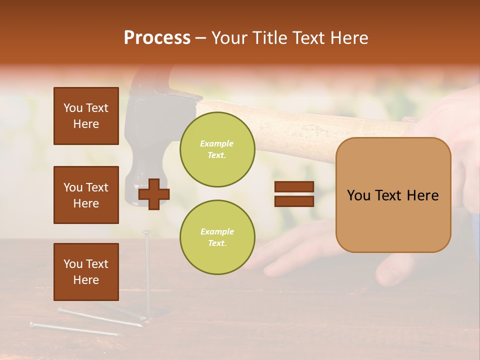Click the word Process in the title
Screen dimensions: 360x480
157,38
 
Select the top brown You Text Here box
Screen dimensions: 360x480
86,116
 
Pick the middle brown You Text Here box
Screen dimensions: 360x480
86,195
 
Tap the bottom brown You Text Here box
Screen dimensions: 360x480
86,271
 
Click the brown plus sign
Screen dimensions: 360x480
154,194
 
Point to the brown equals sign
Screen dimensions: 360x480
294,194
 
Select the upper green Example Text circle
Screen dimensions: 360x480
217,149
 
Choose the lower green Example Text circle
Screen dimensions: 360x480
217,237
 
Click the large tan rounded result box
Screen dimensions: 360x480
393,195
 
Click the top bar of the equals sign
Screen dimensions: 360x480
294,187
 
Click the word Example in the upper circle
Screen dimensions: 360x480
217,143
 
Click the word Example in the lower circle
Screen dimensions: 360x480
217,231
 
